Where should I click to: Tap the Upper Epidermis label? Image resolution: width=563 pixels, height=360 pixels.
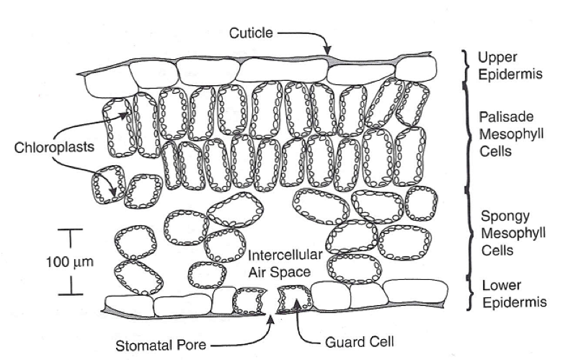(x=504, y=65)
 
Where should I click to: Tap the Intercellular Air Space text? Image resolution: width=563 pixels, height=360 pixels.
(x=278, y=263)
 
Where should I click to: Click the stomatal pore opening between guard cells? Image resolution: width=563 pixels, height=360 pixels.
(x=272, y=302)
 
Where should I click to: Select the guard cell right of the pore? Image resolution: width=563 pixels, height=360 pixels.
(x=294, y=297)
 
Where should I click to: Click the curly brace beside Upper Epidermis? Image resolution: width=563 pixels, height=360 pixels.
(x=467, y=65)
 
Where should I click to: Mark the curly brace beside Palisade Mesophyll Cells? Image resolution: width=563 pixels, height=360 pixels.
(x=467, y=134)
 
